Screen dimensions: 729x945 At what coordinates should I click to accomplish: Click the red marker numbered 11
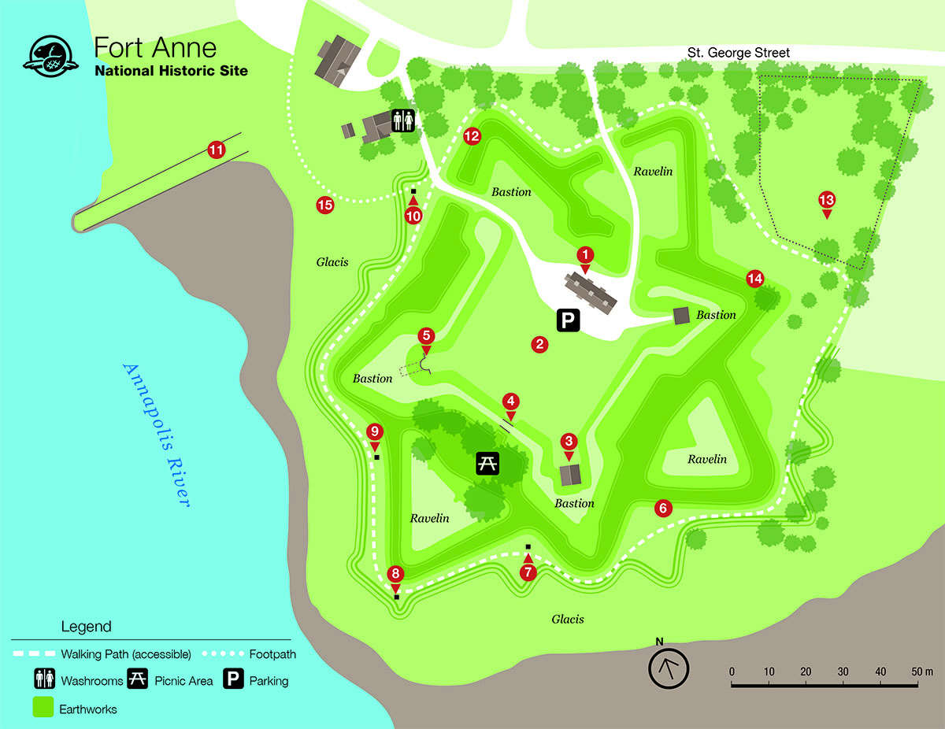[215, 150]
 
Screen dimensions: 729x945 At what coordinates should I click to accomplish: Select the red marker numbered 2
[539, 343]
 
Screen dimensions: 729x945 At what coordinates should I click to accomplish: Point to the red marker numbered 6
[663, 509]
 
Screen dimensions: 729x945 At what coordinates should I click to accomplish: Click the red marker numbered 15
[324, 205]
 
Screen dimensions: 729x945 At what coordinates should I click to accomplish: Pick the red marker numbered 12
[472, 136]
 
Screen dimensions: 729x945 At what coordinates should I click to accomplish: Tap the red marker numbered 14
[754, 278]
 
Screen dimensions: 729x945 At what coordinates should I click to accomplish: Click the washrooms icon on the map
[404, 120]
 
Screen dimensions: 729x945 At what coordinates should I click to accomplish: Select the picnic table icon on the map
[488, 464]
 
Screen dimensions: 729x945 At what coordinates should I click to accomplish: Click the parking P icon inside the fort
[568, 319]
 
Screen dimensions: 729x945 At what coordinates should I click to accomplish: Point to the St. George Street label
[737, 53]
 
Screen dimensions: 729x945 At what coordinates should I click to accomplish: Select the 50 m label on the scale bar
[922, 672]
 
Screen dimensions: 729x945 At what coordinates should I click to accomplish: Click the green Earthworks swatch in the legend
[43, 708]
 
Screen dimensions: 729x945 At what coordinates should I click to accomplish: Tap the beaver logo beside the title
[53, 55]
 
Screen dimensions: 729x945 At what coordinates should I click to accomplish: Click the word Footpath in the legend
[272, 654]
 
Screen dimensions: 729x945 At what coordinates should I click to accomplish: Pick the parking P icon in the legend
[233, 680]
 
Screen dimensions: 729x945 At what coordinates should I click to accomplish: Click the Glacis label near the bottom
[567, 619]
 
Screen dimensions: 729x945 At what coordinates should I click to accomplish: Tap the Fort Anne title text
[154, 47]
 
